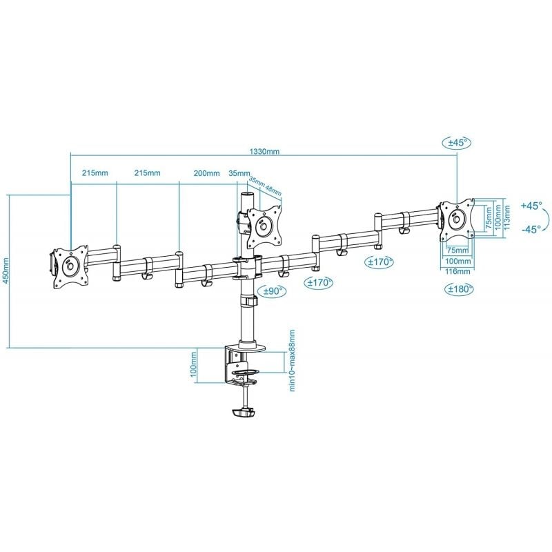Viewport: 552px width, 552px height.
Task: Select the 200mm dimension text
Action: click(207, 173)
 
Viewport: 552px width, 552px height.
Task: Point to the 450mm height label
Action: click(6, 270)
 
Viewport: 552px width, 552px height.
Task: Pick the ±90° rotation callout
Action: click(273, 292)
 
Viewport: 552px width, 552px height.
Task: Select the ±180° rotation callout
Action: click(459, 289)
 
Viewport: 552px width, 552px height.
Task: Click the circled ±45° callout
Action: click(456, 143)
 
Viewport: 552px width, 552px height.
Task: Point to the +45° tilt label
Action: click(531, 206)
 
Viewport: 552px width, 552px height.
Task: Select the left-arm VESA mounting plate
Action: click(69, 265)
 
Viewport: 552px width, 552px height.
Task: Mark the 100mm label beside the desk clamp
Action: click(195, 366)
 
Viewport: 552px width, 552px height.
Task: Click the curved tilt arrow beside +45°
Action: click(546, 218)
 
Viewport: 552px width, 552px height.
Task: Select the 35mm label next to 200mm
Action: click(238, 173)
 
